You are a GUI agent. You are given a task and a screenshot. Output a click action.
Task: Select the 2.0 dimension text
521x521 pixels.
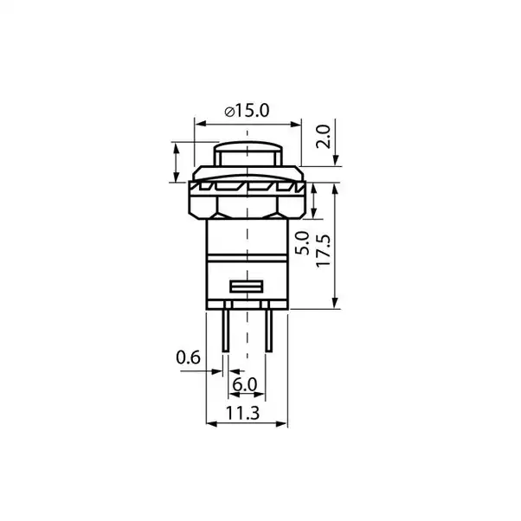pyautogui.click(x=323, y=136)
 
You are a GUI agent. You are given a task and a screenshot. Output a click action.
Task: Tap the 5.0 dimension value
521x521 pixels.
pyautogui.click(x=301, y=245)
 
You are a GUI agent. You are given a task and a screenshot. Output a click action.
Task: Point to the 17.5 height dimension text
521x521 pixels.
pyautogui.click(x=323, y=252)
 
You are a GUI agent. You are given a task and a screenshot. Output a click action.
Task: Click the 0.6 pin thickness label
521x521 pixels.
pyautogui.click(x=187, y=356)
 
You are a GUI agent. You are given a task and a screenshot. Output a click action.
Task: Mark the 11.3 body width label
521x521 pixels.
pyautogui.click(x=248, y=414)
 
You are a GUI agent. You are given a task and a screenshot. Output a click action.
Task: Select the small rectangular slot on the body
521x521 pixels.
pyautogui.click(x=248, y=286)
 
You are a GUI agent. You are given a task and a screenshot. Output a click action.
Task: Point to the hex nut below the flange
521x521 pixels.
pyautogui.click(x=248, y=206)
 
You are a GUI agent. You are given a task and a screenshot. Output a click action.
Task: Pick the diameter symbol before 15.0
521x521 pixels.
pyautogui.click(x=227, y=110)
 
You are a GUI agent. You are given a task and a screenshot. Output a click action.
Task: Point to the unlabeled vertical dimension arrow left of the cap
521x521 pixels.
pyautogui.click(x=178, y=161)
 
